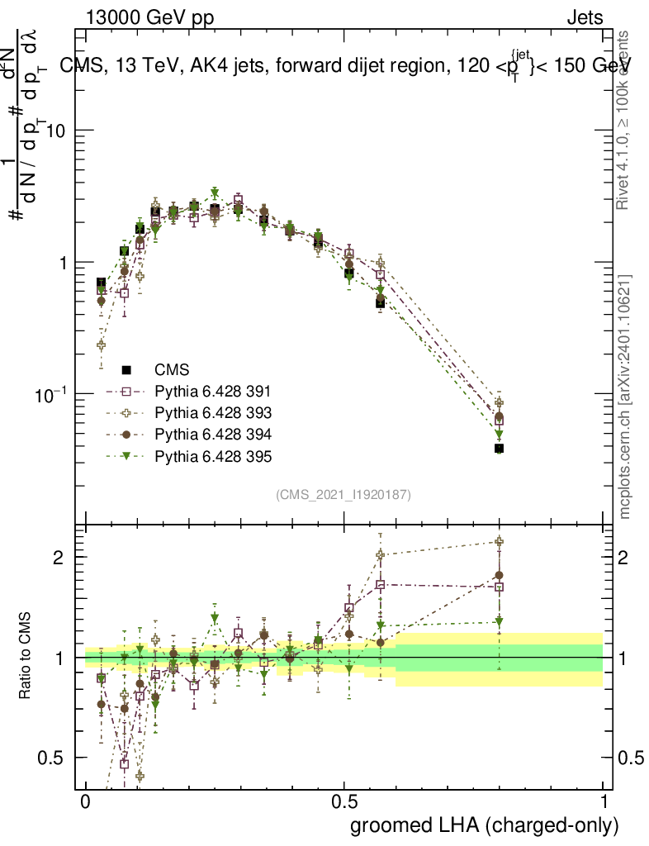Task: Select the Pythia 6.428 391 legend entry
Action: tap(213, 391)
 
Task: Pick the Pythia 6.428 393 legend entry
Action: tap(213, 412)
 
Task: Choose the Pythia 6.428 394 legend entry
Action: tap(213, 434)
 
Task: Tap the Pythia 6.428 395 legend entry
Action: tap(213, 455)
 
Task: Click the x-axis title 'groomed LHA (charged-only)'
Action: tap(485, 825)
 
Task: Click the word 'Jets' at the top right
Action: tap(584, 17)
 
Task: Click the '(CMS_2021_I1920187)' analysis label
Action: tap(343, 494)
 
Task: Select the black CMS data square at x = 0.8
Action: tap(499, 449)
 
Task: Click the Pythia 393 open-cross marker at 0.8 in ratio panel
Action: tap(499, 543)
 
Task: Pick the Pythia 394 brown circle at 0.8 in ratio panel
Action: tap(499, 575)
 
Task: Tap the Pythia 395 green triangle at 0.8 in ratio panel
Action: tap(499, 622)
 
